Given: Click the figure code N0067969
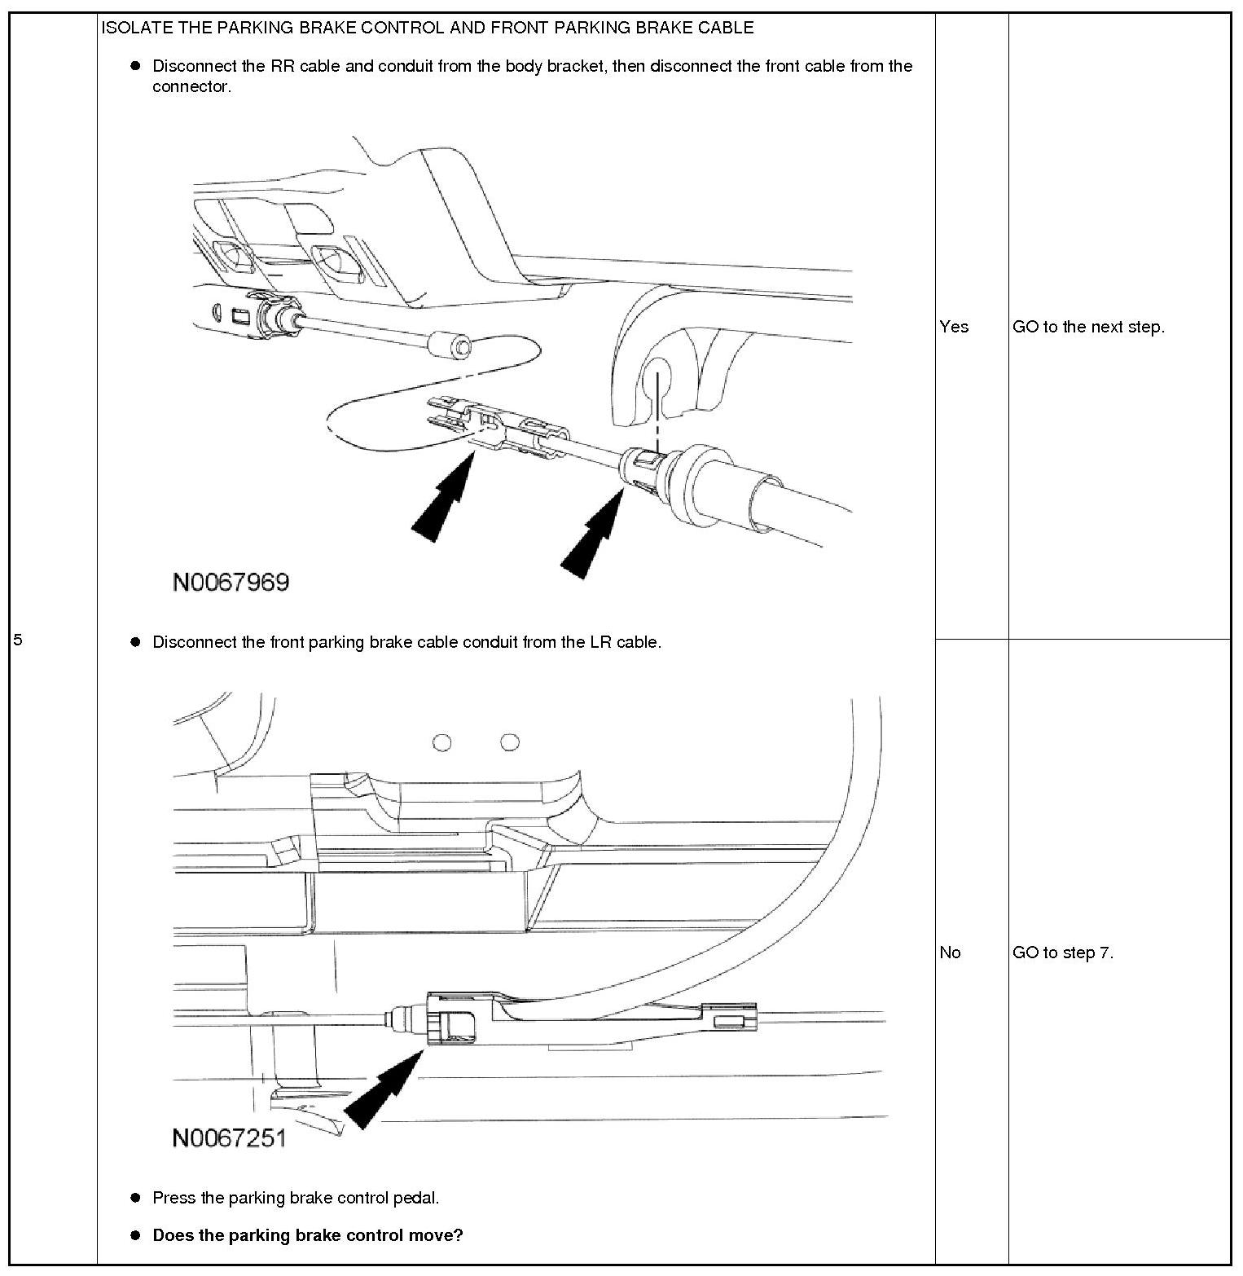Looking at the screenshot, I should click(231, 582).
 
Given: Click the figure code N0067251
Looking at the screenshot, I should click(229, 1137).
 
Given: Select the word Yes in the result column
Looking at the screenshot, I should click(954, 327).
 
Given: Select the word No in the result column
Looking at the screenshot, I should click(950, 953).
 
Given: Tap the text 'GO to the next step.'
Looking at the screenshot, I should click(1088, 327).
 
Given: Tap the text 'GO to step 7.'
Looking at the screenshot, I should click(1062, 953).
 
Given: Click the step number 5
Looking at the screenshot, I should click(18, 640).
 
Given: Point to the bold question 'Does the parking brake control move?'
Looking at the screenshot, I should click(307, 1235).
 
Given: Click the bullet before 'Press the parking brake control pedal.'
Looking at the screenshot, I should click(136, 1198).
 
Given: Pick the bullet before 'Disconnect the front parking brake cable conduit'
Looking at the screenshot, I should click(136, 642).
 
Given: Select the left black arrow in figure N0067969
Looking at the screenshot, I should click(442, 498).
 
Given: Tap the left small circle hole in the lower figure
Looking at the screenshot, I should click(442, 742).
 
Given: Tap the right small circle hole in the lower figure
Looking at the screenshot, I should click(510, 742).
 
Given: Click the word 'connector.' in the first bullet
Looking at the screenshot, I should click(191, 87).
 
